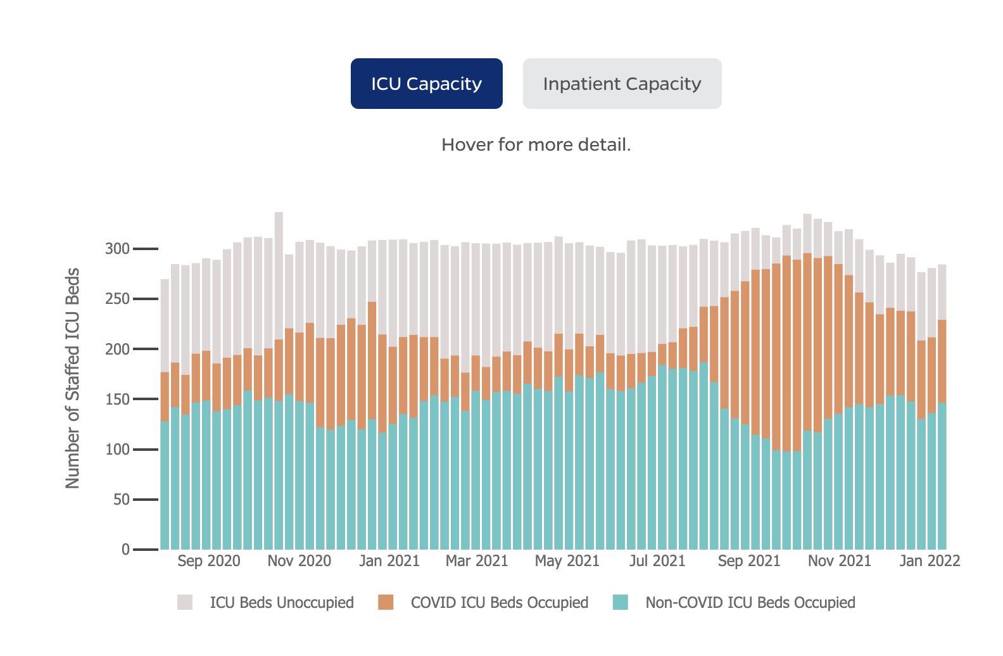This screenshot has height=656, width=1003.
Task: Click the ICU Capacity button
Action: [426, 84]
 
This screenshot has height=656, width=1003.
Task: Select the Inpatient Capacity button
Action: [622, 84]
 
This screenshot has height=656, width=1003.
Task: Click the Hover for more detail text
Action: [536, 145]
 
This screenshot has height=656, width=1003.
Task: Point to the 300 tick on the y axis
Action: [117, 249]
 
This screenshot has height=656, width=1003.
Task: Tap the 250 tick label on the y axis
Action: [117, 299]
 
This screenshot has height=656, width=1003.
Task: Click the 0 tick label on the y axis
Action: [125, 550]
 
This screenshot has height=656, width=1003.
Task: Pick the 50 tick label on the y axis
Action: [121, 500]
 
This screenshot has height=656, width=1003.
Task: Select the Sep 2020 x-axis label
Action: [209, 561]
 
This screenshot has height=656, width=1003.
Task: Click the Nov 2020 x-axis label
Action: [300, 561]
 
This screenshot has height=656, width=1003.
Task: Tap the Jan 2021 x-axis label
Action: [389, 561]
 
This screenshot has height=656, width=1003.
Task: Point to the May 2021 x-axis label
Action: [567, 561]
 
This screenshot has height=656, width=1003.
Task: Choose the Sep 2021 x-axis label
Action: [749, 561]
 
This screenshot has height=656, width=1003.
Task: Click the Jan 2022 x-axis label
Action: [930, 561]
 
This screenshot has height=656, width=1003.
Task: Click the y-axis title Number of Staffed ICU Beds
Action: [73, 378]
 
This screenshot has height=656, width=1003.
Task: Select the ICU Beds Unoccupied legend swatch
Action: [185, 602]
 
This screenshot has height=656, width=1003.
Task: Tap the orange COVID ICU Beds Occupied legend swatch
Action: [386, 602]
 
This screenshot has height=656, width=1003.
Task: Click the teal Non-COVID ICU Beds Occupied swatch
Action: [621, 602]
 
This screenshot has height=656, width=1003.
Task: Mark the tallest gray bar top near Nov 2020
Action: [279, 213]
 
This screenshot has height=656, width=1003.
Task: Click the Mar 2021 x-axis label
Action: [477, 561]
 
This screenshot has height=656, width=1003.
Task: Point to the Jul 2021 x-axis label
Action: [657, 561]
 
